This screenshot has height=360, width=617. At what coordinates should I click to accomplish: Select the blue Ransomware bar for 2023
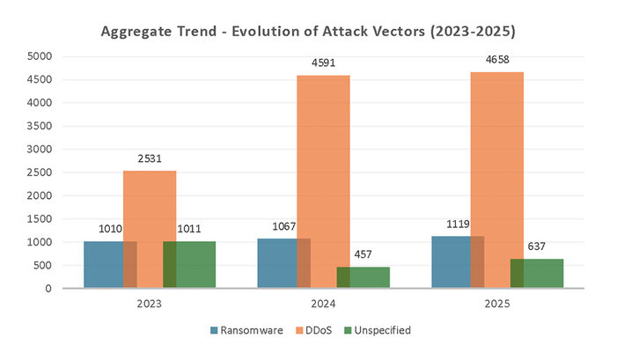click(104, 264)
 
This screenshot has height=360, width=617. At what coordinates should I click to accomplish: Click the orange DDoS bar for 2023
click(150, 229)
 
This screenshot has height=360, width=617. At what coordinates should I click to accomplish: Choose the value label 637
click(537, 247)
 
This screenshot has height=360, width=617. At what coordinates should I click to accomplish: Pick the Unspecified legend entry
click(380, 330)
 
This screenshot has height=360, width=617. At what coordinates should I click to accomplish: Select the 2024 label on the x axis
click(323, 304)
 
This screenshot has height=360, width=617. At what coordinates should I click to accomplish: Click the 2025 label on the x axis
click(497, 304)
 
